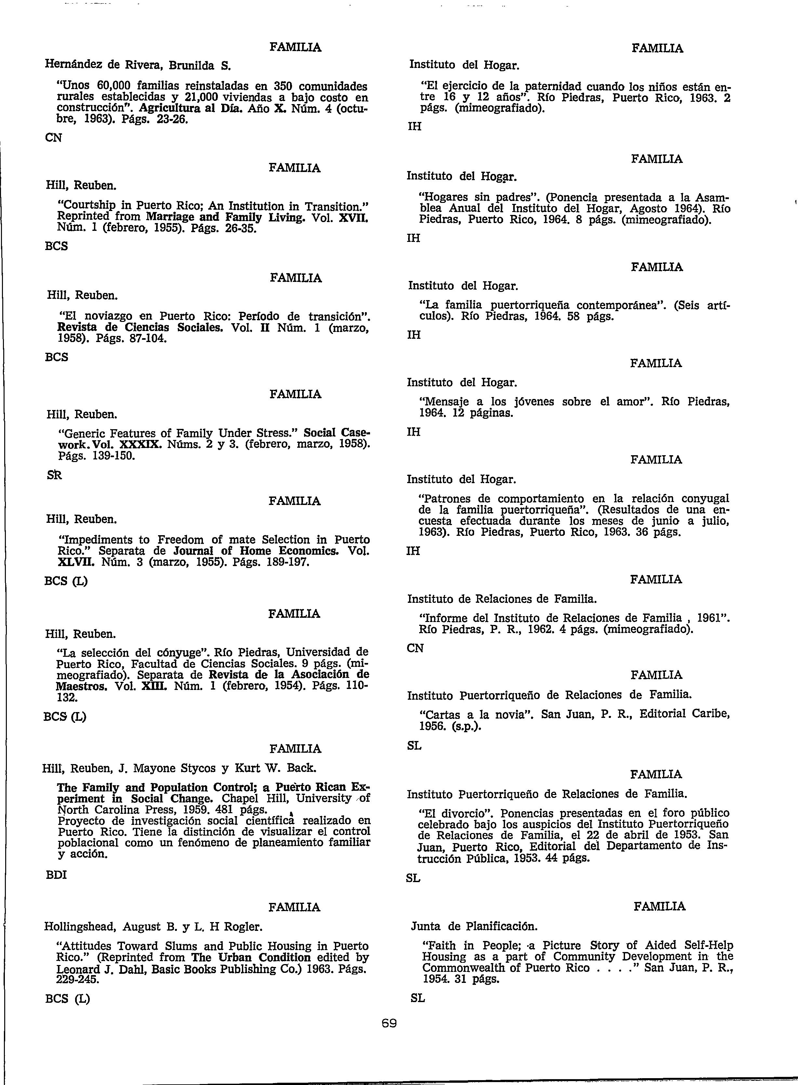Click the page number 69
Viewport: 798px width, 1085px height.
[x=389, y=1023]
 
